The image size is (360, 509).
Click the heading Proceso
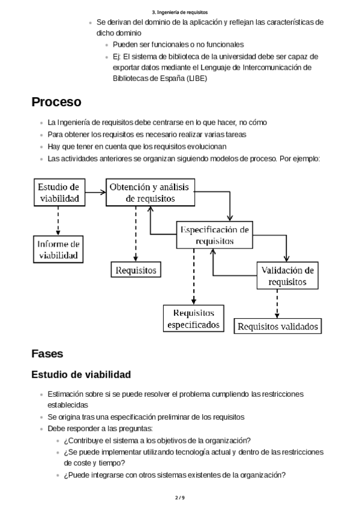click(56, 102)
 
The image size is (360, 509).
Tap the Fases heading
click(47, 354)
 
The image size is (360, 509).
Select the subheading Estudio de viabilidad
click(81, 375)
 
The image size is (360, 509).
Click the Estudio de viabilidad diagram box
click(59, 192)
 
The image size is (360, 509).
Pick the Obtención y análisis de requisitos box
click(149, 192)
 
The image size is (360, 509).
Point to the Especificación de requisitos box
click(214, 235)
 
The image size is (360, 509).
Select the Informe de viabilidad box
click(59, 249)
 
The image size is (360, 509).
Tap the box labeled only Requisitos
click(136, 270)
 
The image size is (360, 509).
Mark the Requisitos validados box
click(277, 326)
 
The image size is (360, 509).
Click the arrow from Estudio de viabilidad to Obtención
click(95, 193)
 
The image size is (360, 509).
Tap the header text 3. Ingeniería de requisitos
click(180, 11)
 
